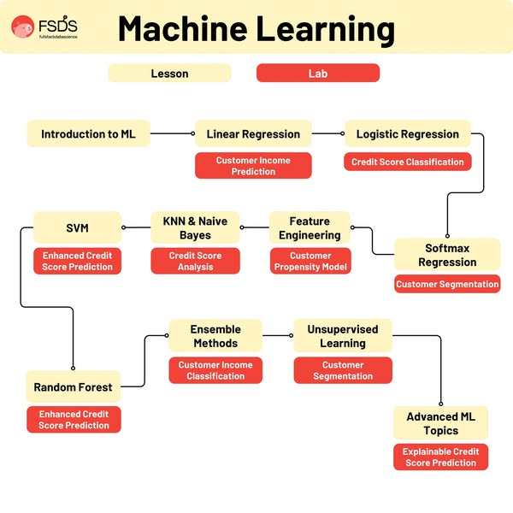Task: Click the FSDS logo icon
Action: coord(24,27)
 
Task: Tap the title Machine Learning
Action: coord(256,28)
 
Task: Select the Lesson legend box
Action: coord(169,74)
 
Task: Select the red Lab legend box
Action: coord(317,74)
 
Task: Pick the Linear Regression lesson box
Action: coord(253,134)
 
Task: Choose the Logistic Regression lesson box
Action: coord(407,134)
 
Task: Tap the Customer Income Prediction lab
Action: coord(253,166)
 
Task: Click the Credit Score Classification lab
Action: coord(407,162)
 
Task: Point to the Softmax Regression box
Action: coord(446,255)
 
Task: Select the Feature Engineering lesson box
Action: coord(310,228)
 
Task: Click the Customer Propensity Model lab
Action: coord(310,261)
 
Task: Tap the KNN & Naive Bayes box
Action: coord(195,228)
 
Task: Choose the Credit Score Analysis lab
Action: coord(195,261)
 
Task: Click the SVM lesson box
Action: coord(77,228)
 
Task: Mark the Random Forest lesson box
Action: coord(73,387)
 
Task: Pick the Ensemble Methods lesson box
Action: coord(215,336)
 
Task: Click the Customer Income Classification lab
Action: coord(215,370)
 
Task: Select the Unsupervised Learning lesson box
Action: coord(342,336)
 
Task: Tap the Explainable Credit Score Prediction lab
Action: coord(441,457)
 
